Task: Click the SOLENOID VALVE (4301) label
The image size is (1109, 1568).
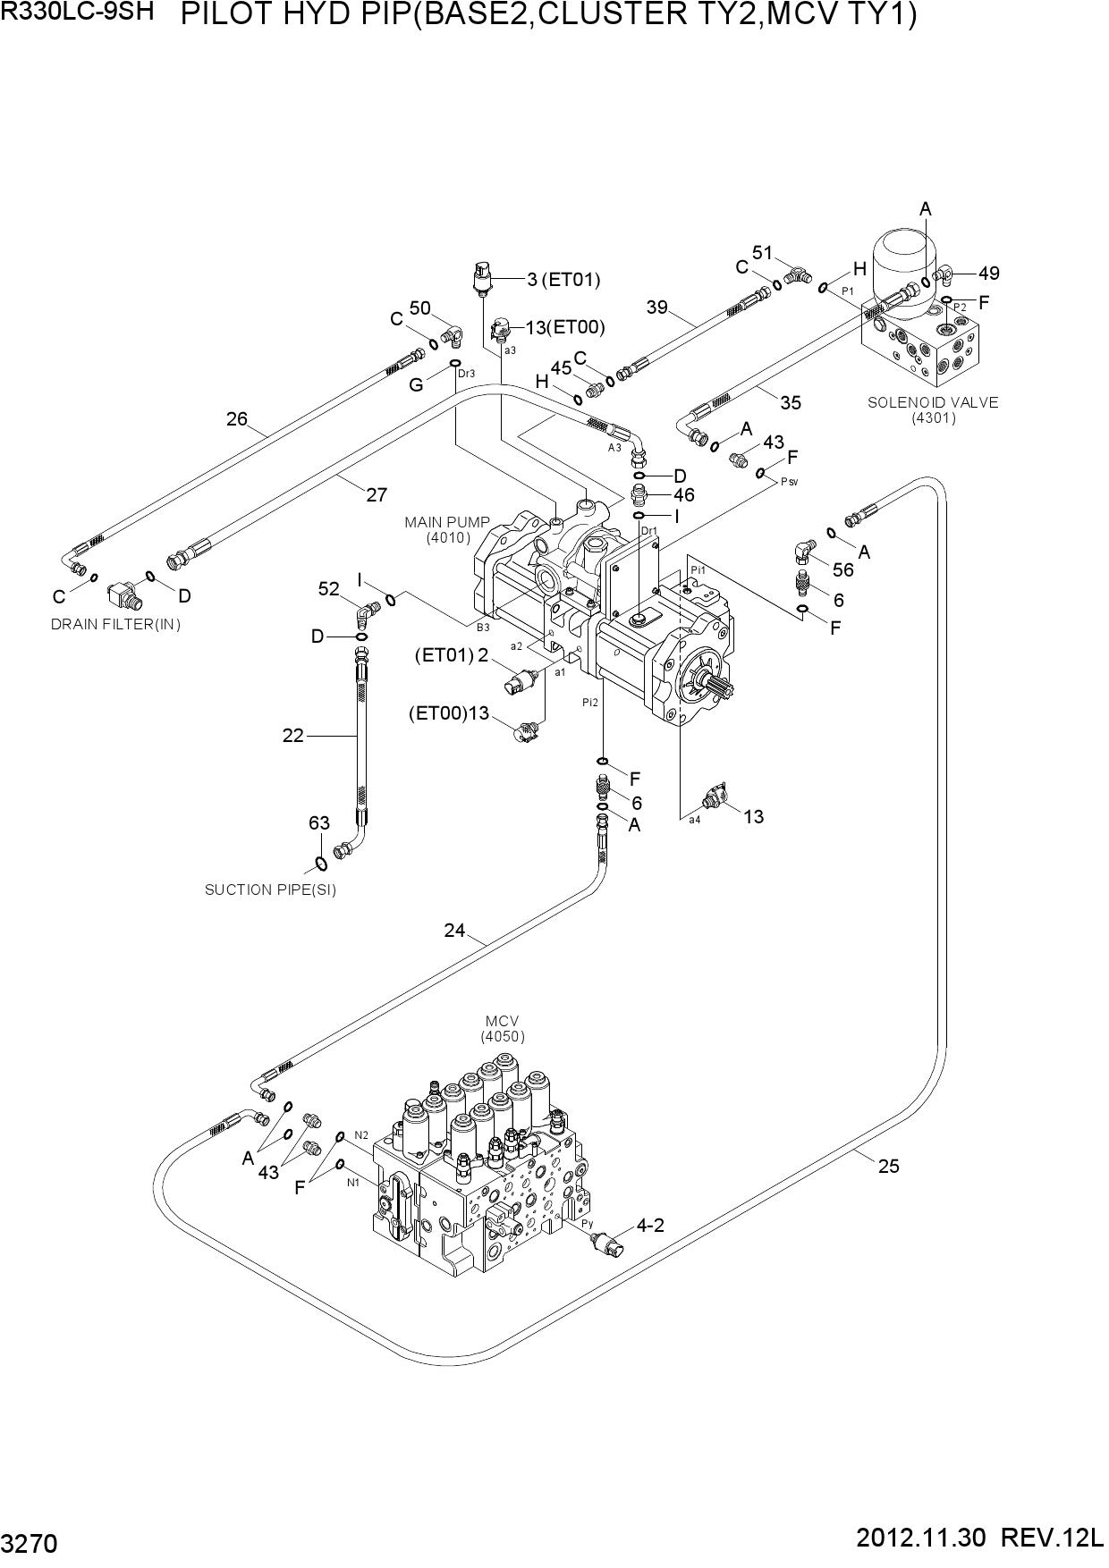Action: (933, 409)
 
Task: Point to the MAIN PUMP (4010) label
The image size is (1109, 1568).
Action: (448, 529)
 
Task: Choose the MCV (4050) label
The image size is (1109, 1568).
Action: (503, 1029)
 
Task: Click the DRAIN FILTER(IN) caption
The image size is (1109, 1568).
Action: (116, 624)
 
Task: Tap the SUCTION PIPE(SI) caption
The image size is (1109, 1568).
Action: (271, 889)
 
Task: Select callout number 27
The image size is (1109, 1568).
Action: (377, 494)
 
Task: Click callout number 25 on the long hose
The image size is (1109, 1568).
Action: (888, 1166)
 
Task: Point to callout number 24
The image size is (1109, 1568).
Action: (455, 931)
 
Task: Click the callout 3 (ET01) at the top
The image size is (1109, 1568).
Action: (563, 280)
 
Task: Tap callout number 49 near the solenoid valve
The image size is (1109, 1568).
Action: (989, 274)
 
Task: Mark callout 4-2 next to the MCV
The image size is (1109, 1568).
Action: (650, 1225)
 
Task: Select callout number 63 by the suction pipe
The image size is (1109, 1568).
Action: (319, 823)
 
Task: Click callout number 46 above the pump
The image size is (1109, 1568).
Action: (684, 495)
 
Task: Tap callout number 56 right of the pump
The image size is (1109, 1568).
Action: (843, 569)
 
